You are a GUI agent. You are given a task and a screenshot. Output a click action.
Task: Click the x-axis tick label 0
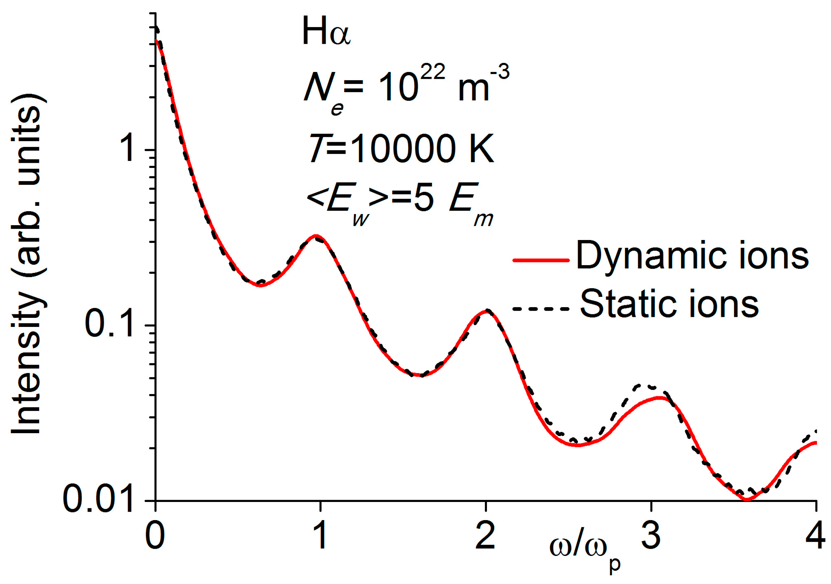tap(155, 537)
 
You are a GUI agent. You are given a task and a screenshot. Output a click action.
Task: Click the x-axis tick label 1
tap(320, 537)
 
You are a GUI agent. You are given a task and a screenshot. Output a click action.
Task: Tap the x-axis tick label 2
tap(485, 537)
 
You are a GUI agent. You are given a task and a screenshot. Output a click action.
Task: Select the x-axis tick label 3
tap(651, 537)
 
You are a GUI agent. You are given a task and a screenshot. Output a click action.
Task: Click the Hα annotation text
tap(326, 33)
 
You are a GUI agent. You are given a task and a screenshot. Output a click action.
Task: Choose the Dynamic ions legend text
tap(692, 256)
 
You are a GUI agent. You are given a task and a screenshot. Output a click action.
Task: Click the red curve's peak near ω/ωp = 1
tap(316, 235)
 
